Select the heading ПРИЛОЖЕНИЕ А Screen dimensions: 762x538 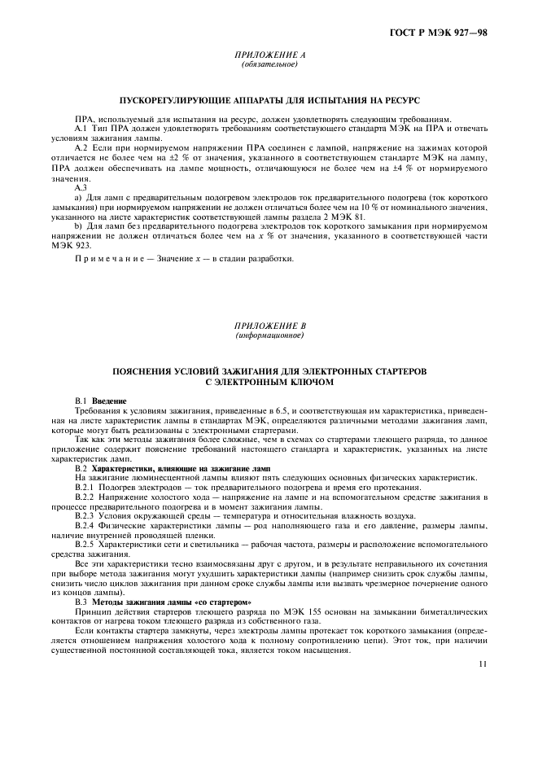click(269, 55)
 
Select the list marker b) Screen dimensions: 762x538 click(79, 226)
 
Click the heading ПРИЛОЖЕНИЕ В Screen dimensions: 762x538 click(269, 326)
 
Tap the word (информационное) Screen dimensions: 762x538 click(269, 335)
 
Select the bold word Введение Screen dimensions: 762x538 click(109, 401)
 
